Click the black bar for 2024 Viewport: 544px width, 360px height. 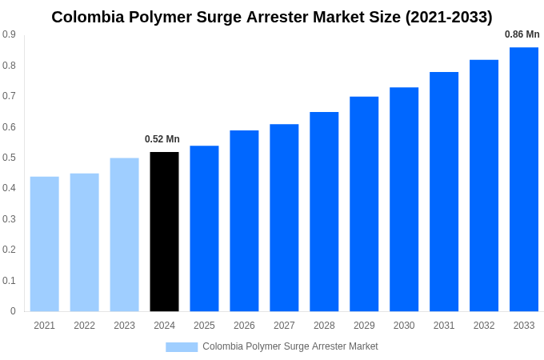[164, 231]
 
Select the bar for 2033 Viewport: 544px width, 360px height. [524, 179]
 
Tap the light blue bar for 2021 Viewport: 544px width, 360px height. [45, 244]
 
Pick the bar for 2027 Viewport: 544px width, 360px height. [284, 218]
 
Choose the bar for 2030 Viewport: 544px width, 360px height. [404, 199]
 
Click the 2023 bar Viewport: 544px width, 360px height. [124, 234]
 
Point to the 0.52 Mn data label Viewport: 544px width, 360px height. [162, 139]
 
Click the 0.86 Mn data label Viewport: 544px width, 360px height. [522, 34]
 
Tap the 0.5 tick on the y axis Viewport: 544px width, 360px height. [9, 158]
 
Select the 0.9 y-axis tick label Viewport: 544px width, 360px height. [9, 34]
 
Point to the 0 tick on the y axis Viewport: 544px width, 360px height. [13, 311]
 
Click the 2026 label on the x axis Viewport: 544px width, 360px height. [244, 326]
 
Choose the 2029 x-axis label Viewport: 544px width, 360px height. [364, 326]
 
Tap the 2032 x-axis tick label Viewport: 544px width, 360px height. [484, 326]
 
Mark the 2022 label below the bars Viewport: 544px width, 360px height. [85, 326]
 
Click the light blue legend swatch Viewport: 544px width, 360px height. [182, 347]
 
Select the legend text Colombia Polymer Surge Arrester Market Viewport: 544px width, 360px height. [290, 346]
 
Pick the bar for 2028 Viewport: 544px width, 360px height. [324, 211]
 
